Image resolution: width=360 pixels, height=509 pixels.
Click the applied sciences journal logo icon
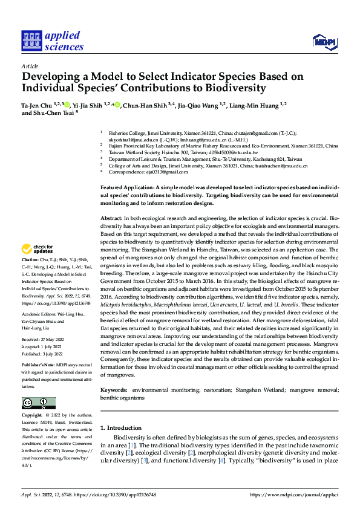pyautogui.click(x=31, y=41)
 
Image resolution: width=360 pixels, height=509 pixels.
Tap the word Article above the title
pyautogui.click(x=29, y=66)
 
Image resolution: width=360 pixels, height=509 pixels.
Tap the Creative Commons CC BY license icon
pyautogui.click(x=38, y=403)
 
